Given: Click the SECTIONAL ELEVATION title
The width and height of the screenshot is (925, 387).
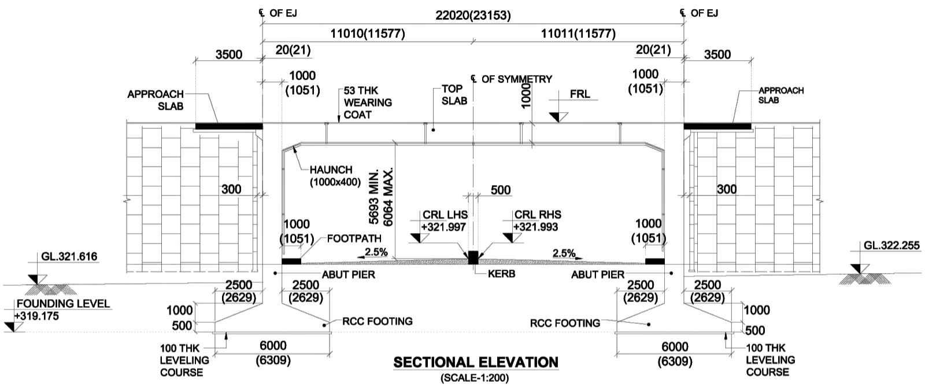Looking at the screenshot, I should [x=476, y=363].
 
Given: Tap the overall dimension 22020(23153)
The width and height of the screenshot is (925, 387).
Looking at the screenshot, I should [x=473, y=15].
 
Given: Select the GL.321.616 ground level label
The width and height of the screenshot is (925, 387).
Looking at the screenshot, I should [x=69, y=257].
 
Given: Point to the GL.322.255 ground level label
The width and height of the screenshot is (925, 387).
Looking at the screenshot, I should [x=891, y=245].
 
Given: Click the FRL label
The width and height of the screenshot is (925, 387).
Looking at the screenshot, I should [x=580, y=94].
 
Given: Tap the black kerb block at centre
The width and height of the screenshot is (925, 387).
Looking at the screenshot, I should [x=473, y=257].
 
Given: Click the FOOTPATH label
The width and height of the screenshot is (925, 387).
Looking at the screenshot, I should [x=354, y=238].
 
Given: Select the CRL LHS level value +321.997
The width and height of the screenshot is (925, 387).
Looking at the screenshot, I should [x=443, y=227].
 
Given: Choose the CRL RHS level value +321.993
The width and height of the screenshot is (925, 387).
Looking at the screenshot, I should [x=536, y=227].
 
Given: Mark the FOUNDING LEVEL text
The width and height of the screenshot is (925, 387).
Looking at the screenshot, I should [x=63, y=304].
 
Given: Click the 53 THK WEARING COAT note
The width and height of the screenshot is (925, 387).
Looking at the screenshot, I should [x=368, y=102].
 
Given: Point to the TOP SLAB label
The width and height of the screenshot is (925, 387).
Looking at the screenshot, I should [x=454, y=94].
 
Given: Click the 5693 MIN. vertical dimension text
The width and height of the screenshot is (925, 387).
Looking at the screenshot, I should [x=375, y=197].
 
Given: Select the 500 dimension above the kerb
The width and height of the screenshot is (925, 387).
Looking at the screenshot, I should [x=501, y=190].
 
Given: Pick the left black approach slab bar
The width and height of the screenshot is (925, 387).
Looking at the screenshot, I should [x=229, y=126].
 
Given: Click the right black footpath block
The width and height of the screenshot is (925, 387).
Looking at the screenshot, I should [x=654, y=261].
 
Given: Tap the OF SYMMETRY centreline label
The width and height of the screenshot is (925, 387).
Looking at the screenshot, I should [x=516, y=79].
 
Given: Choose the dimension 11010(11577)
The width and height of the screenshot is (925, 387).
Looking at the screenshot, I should [x=368, y=34].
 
